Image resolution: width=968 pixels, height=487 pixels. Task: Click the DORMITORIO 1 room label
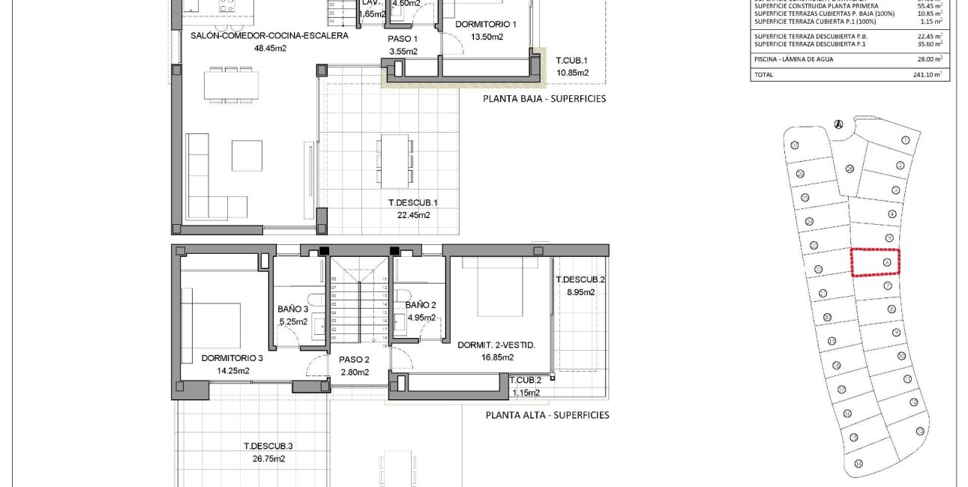pos(486,24)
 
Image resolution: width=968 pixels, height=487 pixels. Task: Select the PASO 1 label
pos(403,38)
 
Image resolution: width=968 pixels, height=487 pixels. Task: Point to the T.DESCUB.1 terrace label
pos(412,202)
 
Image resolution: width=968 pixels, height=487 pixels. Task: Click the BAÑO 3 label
pos(292,309)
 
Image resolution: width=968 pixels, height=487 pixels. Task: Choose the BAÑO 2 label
pos(421,305)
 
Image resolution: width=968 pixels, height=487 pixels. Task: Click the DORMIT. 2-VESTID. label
pos(496,345)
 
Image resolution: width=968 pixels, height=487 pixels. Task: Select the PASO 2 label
pos(354,360)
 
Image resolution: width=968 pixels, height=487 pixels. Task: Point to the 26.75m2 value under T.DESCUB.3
pos(268,459)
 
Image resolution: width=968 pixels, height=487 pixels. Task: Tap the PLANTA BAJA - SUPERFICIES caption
pos(544,98)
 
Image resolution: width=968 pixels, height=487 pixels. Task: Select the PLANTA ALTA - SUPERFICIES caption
pos(547,414)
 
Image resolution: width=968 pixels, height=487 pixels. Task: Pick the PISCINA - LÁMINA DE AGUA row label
pos(793,59)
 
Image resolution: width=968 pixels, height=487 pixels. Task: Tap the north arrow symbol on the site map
pos(838,124)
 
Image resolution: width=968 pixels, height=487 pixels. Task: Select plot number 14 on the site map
pos(858,462)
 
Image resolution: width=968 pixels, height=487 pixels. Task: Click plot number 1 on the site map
pos(906,140)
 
